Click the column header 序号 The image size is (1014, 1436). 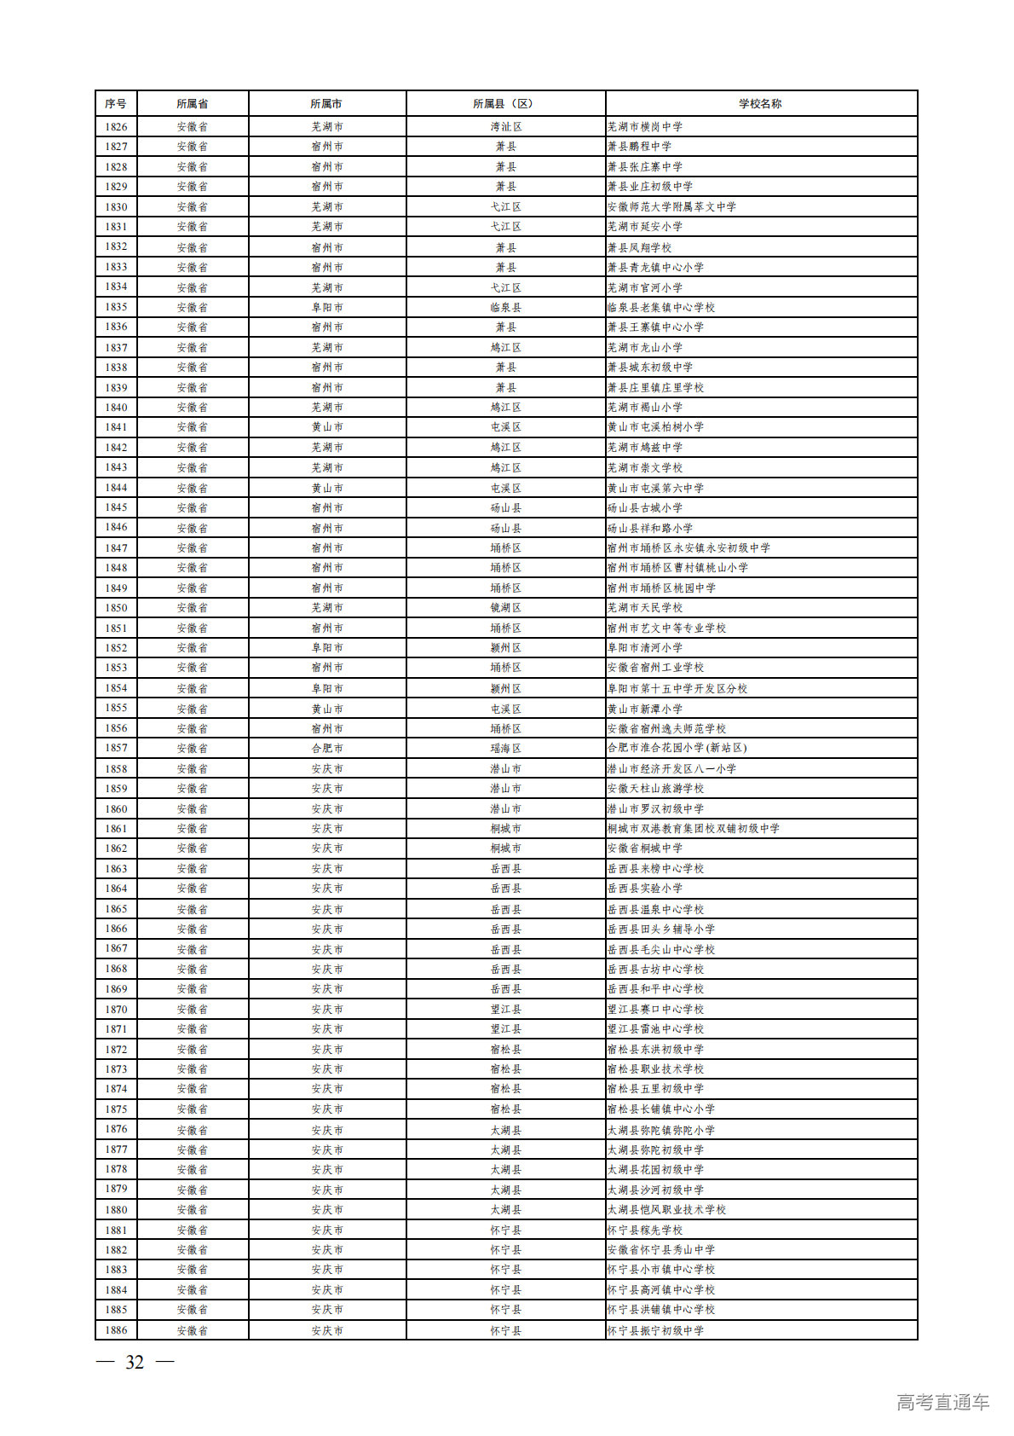click(116, 104)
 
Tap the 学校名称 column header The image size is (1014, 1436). click(760, 104)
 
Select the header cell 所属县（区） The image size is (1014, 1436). click(504, 104)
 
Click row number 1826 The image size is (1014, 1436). click(116, 127)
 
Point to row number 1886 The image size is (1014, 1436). click(116, 1330)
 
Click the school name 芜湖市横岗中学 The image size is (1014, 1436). click(645, 127)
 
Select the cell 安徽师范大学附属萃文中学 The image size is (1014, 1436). click(671, 207)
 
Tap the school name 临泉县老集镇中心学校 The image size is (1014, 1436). click(661, 307)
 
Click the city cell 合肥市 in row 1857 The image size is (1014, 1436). click(327, 748)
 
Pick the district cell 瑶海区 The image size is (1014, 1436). click(505, 748)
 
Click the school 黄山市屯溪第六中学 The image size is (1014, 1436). click(655, 488)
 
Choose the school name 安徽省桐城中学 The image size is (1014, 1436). click(645, 848)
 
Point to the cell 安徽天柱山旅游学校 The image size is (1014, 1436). click(655, 789)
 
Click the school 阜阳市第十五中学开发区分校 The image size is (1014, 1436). click(677, 688)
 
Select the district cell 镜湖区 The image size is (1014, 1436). click(505, 608)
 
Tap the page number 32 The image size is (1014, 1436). click(135, 1363)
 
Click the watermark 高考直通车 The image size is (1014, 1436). click(942, 1402)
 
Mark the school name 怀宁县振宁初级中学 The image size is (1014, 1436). click(655, 1330)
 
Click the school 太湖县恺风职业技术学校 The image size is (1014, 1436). click(666, 1210)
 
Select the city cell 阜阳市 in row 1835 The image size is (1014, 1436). click(327, 307)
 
